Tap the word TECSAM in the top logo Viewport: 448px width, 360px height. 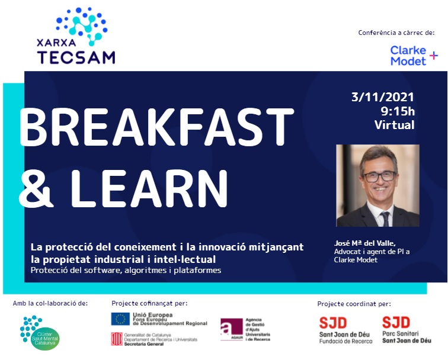76,57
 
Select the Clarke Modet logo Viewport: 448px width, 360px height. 414,56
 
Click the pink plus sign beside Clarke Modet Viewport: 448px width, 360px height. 434,56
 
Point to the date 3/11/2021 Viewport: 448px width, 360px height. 383,97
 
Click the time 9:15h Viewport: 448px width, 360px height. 398,111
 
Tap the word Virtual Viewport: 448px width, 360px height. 394,125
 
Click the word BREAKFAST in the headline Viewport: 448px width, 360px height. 156,127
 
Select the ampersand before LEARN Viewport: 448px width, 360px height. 36,188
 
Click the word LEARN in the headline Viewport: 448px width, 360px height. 149,188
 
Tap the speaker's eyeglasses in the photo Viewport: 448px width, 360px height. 379,176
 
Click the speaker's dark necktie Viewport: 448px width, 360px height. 385,218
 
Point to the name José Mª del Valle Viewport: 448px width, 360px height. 365,243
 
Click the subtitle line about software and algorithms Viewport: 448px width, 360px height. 126,270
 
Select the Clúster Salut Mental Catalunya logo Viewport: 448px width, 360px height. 40,333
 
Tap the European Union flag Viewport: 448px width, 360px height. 120,319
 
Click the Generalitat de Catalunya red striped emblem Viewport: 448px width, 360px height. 117,339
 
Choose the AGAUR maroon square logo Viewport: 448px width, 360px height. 232,330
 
